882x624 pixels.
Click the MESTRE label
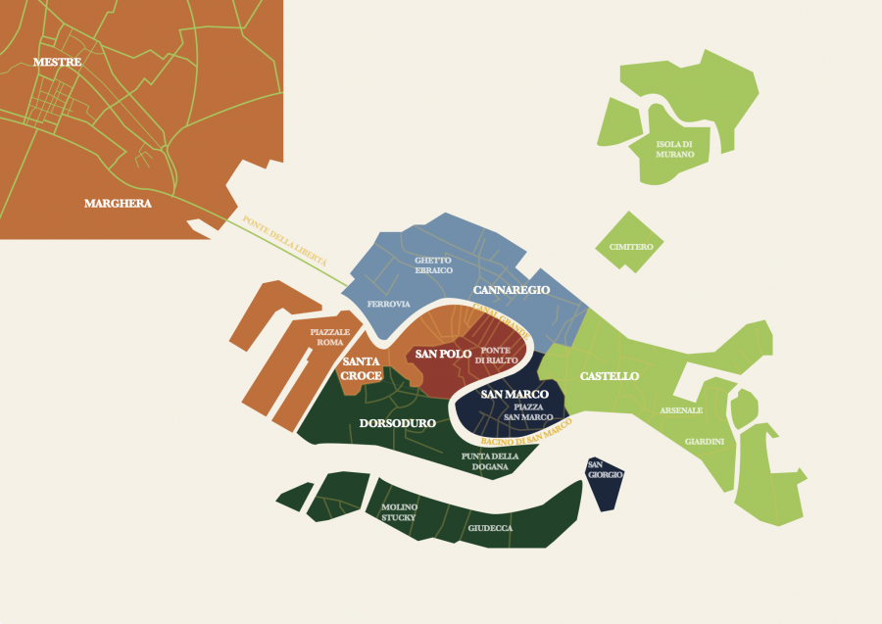(57, 63)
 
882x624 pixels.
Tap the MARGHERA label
(118, 204)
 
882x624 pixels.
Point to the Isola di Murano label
(675, 149)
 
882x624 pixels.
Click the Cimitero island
(630, 246)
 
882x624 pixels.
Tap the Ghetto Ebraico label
(432, 264)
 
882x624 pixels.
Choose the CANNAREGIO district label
(512, 291)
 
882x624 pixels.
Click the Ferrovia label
(388, 305)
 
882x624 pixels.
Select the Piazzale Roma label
(329, 337)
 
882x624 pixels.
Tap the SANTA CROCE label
(362, 368)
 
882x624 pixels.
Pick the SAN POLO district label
(443, 354)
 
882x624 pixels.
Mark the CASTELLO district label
(610, 376)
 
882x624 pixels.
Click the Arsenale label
(680, 409)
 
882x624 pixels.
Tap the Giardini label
(705, 442)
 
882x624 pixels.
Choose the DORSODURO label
(397, 424)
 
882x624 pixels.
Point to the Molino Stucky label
(400, 511)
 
